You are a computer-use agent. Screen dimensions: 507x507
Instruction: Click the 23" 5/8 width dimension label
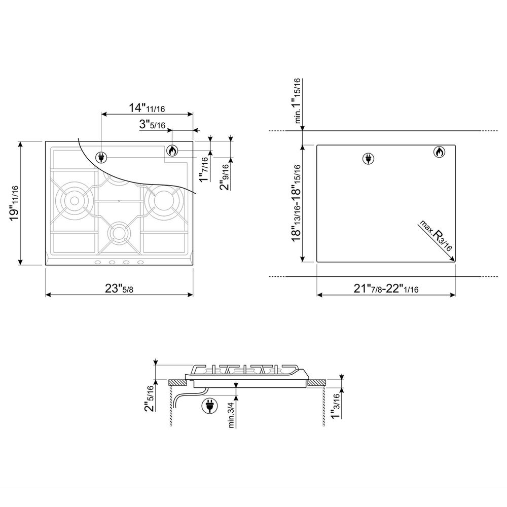point(119,288)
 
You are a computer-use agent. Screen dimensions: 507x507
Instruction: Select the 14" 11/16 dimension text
point(147,107)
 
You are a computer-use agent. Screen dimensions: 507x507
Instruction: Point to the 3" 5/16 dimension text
point(152,124)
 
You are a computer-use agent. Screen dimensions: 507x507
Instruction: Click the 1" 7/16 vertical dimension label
point(204,169)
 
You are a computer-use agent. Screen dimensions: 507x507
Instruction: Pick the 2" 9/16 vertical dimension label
point(225,176)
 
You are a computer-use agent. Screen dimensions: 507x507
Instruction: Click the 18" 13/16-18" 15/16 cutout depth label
point(296,203)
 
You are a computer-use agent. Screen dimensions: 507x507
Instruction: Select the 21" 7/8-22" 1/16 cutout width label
point(386,288)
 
